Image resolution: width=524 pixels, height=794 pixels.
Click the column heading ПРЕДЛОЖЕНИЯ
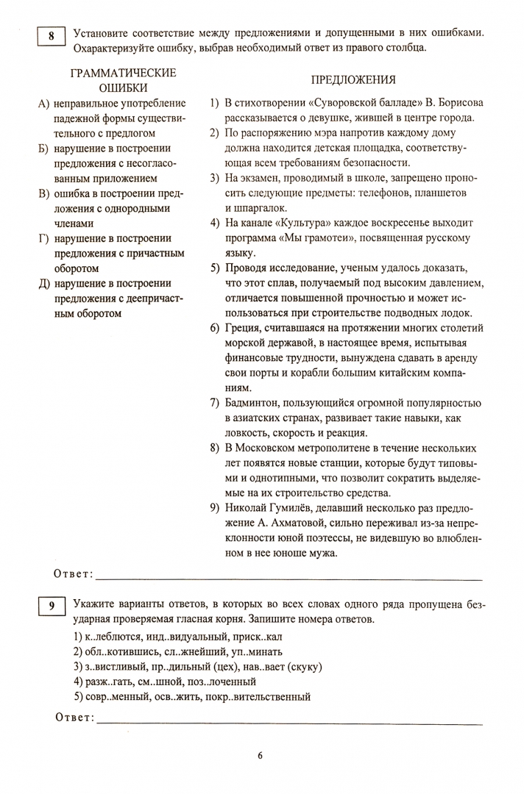point(353,80)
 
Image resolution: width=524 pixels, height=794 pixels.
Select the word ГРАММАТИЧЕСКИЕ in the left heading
point(123,73)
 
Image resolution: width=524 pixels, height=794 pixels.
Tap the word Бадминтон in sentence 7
point(254,403)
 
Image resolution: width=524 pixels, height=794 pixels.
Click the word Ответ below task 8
point(75,573)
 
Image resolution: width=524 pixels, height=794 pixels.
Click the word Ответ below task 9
point(75,718)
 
